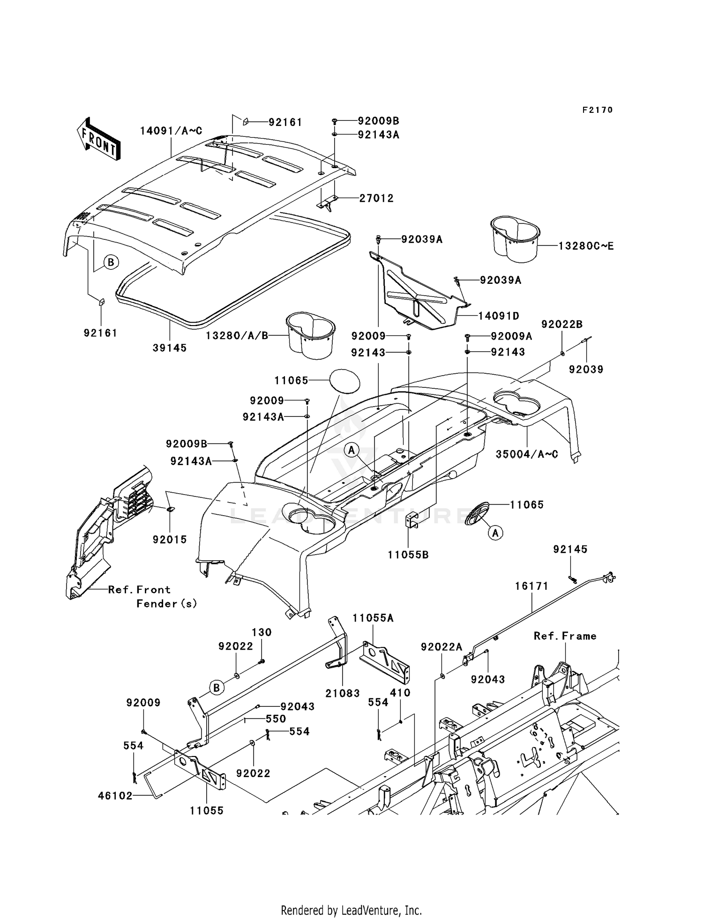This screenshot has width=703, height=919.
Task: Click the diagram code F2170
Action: click(x=597, y=110)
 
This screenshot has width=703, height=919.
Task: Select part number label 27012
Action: click(x=376, y=198)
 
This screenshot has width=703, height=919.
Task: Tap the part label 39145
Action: click(x=170, y=348)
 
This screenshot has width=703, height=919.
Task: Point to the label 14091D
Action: click(x=499, y=316)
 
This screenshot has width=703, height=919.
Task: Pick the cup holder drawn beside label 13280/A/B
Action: click(x=310, y=334)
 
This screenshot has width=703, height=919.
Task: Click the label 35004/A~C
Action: click(x=527, y=454)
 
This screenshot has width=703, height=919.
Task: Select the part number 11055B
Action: click(x=408, y=555)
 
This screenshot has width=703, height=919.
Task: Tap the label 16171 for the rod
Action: click(x=531, y=586)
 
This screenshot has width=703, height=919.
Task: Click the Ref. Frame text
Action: click(x=565, y=636)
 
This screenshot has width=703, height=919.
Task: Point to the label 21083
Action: click(x=343, y=693)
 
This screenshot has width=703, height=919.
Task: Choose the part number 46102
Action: click(x=115, y=795)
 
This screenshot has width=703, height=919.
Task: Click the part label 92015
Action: click(x=170, y=540)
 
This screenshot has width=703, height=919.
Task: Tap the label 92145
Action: click(x=570, y=549)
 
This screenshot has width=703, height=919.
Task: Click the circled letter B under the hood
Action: click(x=111, y=262)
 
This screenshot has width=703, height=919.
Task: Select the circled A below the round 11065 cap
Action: click(x=496, y=533)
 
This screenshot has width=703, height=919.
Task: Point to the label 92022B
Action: click(x=562, y=325)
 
